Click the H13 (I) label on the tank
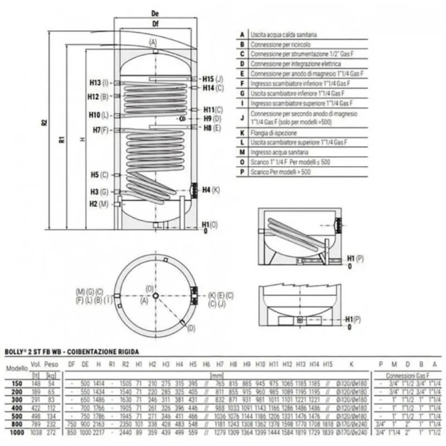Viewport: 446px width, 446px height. [98, 83]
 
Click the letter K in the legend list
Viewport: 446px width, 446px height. [242, 132]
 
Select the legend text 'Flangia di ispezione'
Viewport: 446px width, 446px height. [273, 132]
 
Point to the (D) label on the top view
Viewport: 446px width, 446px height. [192, 328]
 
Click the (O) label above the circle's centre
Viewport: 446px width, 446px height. [149, 288]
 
